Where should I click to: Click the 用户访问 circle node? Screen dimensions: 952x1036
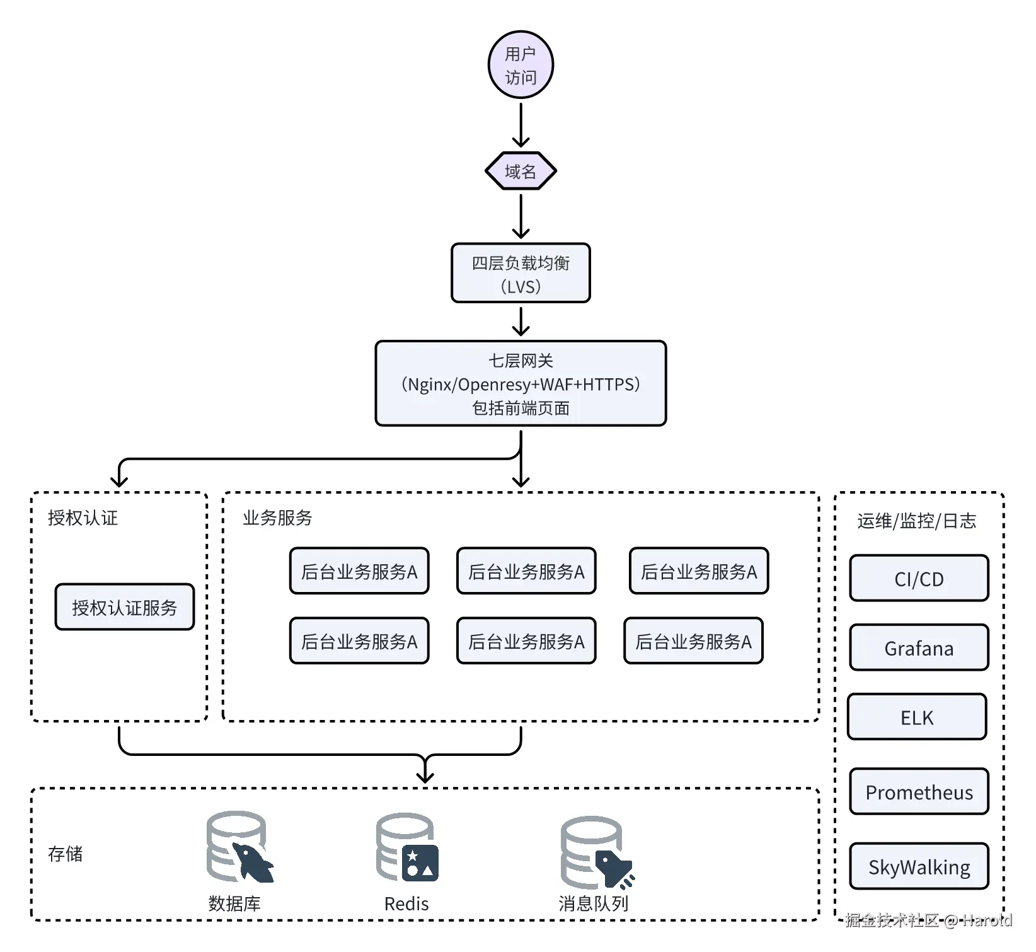click(x=521, y=65)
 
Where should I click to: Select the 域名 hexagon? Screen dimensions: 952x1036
click(x=521, y=171)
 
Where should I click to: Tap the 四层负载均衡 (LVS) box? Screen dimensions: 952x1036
click(x=521, y=274)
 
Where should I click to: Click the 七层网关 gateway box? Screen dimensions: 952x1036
click(x=521, y=383)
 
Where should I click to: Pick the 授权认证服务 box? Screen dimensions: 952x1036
click(x=124, y=607)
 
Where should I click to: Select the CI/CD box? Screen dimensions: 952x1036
click(x=919, y=578)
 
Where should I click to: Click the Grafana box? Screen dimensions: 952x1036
click(x=919, y=647)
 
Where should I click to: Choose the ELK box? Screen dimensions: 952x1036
click(x=917, y=717)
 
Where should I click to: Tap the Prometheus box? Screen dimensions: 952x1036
click(x=919, y=791)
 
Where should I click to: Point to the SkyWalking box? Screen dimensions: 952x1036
click(x=919, y=866)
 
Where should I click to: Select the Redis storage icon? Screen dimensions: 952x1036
click(x=407, y=847)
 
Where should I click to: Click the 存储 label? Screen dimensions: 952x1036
click(x=66, y=854)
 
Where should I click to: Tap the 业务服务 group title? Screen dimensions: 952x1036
click(x=277, y=518)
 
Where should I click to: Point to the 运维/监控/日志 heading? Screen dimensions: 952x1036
click(x=916, y=521)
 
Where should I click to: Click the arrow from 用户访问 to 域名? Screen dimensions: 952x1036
click(x=521, y=125)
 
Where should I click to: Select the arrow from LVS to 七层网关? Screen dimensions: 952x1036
click(x=521, y=322)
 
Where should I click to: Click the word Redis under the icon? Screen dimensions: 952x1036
click(x=406, y=904)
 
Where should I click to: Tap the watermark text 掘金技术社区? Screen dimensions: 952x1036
click(x=892, y=920)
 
